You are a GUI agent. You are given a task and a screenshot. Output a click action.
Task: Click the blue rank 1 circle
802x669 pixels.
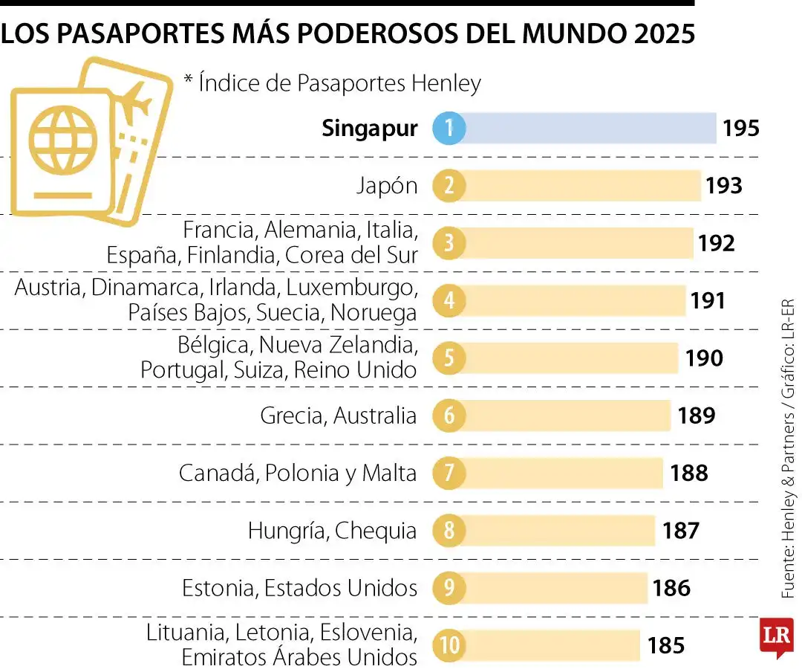449,129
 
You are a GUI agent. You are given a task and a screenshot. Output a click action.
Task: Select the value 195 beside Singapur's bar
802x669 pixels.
740,129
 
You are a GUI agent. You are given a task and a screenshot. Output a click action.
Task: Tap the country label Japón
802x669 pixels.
386,186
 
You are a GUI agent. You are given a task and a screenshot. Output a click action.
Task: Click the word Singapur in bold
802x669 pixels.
369,129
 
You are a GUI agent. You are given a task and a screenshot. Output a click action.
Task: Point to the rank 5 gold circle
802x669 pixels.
449,358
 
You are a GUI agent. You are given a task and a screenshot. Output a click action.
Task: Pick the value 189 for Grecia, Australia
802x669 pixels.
696,416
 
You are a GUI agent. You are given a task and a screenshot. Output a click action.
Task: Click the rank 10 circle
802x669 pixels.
449,645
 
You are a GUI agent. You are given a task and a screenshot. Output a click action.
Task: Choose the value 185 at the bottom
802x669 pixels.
665,645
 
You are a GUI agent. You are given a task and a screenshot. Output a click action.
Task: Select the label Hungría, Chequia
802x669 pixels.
332,531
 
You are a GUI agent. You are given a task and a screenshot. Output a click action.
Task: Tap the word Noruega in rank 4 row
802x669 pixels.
374,313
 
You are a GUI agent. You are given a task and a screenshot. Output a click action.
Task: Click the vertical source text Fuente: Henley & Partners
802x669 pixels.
788,513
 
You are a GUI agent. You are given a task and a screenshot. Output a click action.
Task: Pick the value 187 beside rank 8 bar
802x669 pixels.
680,531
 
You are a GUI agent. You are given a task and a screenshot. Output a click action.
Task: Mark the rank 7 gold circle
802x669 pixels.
449,474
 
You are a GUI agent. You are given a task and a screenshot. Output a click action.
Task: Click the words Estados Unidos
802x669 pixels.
341,588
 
